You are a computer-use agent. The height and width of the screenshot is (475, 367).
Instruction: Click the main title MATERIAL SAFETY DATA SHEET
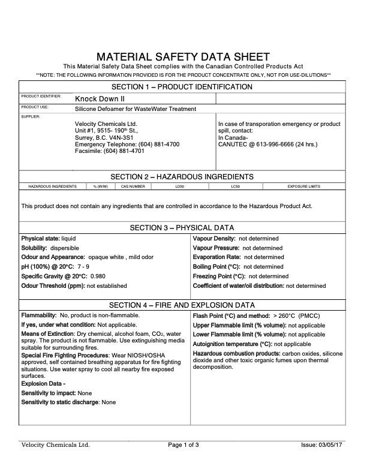coord(183,56)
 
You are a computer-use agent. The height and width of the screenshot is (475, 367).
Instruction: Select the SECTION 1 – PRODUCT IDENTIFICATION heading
coord(183,87)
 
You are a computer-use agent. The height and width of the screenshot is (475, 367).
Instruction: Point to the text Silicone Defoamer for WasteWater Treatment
coord(136,109)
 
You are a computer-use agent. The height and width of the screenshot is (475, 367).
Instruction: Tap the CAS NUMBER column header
coord(133,187)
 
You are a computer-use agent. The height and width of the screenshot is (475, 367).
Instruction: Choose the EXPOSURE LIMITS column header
coord(303,187)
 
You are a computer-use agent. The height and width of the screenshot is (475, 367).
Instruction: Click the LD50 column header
coord(179,187)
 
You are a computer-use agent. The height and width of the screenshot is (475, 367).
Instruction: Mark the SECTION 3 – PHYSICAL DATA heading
coord(183,228)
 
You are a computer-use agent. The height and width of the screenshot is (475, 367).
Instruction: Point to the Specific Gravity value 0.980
coord(98,276)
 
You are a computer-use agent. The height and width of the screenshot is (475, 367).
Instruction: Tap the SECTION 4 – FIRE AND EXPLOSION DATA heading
coord(183,305)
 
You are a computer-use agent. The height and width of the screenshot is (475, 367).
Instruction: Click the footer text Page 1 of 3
coord(183,445)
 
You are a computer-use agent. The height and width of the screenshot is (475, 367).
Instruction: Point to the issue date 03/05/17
coord(333,445)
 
